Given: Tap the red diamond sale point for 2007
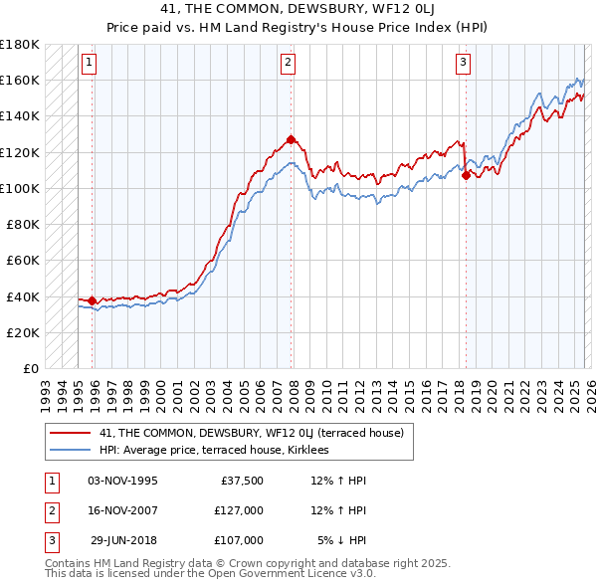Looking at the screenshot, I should [291, 139].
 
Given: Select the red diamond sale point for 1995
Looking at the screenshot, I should [93, 300].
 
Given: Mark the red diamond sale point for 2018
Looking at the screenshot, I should [466, 176].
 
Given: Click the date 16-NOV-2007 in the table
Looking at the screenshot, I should [122, 510].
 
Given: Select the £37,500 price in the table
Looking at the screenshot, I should [239, 481].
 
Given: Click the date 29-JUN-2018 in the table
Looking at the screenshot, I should [122, 540].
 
